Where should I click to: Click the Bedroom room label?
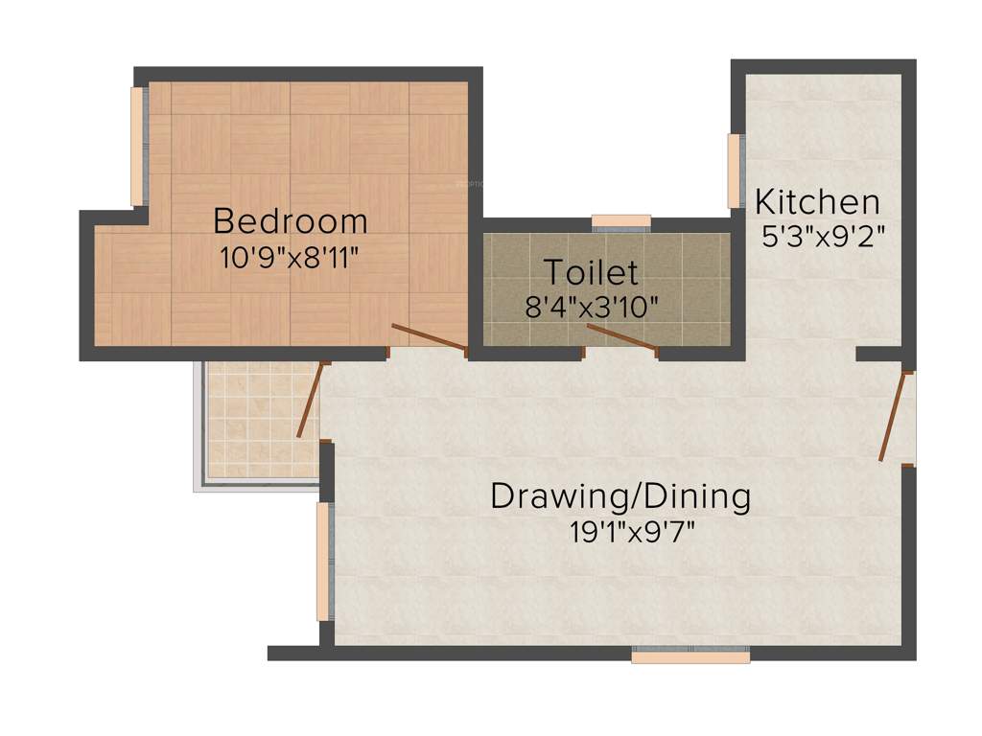tap(290, 221)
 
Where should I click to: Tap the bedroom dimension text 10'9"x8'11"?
tap(290, 257)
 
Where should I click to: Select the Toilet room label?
tap(591, 272)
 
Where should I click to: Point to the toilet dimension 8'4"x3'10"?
tap(592, 307)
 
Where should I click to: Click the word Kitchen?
tap(817, 202)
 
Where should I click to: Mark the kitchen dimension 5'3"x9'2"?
tap(822, 236)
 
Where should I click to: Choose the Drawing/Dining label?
tap(620, 496)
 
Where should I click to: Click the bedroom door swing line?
tap(430, 338)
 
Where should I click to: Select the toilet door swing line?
tap(621, 338)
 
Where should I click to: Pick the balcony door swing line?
tap(310, 401)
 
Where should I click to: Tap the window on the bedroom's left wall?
tap(138, 146)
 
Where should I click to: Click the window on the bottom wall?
tap(690, 656)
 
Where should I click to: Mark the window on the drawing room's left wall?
tap(324, 561)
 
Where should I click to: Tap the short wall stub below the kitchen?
tap(878, 355)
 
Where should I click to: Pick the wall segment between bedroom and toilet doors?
tap(526, 354)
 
